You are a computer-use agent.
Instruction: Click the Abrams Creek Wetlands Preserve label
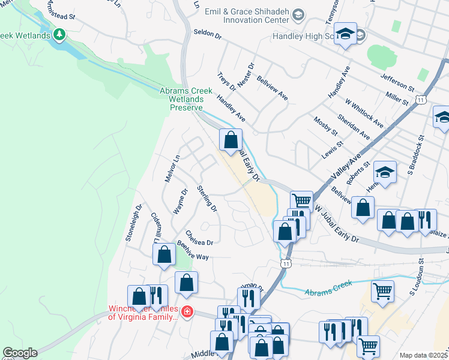(x=186, y=99)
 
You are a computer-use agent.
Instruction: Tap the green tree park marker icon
(x=59, y=35)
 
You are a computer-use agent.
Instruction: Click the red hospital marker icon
(x=187, y=312)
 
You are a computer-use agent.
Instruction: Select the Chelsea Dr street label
(x=199, y=238)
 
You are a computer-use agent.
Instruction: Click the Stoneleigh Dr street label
(x=133, y=223)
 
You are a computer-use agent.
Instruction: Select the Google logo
(x=20, y=353)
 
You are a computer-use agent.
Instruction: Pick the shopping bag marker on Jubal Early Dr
(x=231, y=140)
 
